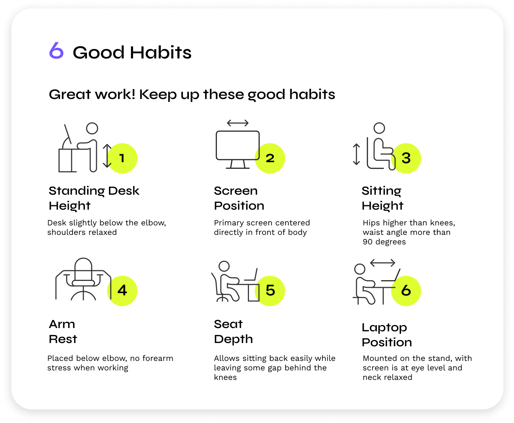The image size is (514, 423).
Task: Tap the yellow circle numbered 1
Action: tap(122, 158)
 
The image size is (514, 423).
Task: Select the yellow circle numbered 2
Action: tap(270, 158)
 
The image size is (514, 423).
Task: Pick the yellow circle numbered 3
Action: tap(406, 158)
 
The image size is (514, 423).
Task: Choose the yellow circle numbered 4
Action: tap(122, 291)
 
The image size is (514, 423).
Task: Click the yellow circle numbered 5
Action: tap(270, 291)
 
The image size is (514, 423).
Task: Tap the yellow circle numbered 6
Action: tap(406, 291)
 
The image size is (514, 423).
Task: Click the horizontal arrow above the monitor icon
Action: tap(238, 123)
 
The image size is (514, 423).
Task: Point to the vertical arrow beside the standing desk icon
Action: tap(107, 156)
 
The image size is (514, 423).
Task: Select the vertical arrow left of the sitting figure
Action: tap(356, 154)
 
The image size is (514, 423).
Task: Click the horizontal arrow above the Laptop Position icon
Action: tap(382, 263)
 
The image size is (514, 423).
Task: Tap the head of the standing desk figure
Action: tap(92, 128)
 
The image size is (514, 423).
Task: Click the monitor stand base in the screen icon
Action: tap(238, 168)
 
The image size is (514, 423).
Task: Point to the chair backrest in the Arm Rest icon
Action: tap(83, 269)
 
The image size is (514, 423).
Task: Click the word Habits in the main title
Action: tap(160, 52)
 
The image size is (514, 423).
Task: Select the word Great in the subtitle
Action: tap(70, 95)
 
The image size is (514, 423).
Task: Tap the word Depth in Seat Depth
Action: tap(233, 340)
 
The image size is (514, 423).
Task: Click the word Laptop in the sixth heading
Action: tap(384, 328)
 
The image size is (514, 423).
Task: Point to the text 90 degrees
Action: tap(384, 242)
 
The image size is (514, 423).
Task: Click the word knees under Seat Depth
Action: tap(225, 377)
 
